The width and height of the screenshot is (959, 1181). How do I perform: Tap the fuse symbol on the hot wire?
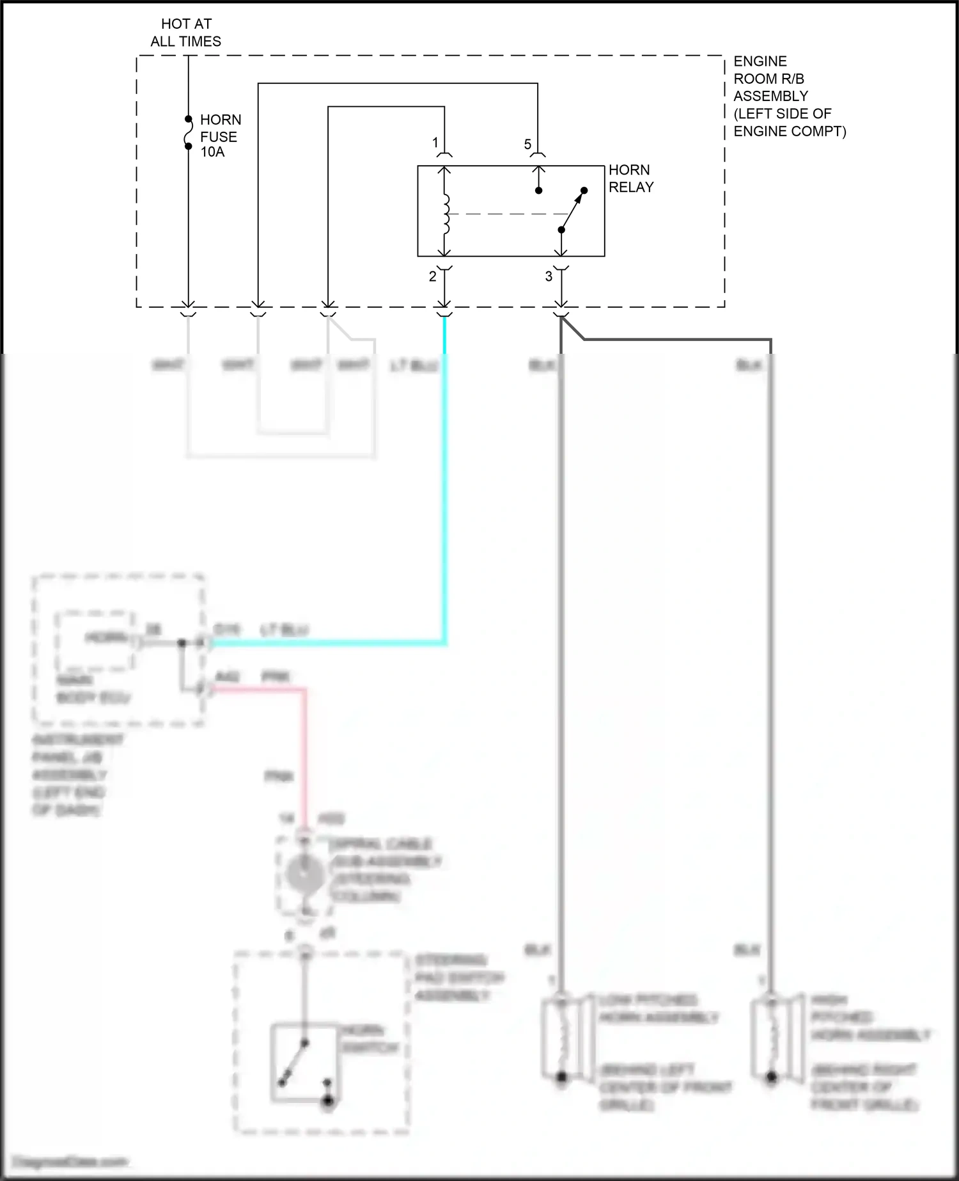(189, 133)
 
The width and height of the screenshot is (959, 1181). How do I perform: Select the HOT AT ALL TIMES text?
(186, 33)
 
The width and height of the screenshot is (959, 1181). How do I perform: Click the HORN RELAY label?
(630, 178)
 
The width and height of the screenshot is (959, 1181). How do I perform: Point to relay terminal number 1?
(435, 143)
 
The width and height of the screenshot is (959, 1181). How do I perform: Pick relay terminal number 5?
(527, 145)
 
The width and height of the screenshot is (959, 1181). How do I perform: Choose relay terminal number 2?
(433, 277)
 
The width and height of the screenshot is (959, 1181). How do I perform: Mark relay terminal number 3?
(549, 277)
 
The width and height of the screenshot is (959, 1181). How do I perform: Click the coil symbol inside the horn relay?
(446, 214)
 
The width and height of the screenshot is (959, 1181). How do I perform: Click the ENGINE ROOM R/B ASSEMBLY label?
(789, 96)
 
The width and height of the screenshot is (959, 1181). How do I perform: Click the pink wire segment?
(305, 755)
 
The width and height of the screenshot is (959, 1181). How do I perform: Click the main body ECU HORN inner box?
(96, 639)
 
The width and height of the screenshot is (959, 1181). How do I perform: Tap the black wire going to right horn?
(770, 640)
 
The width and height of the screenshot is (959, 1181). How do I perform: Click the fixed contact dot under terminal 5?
(539, 191)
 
